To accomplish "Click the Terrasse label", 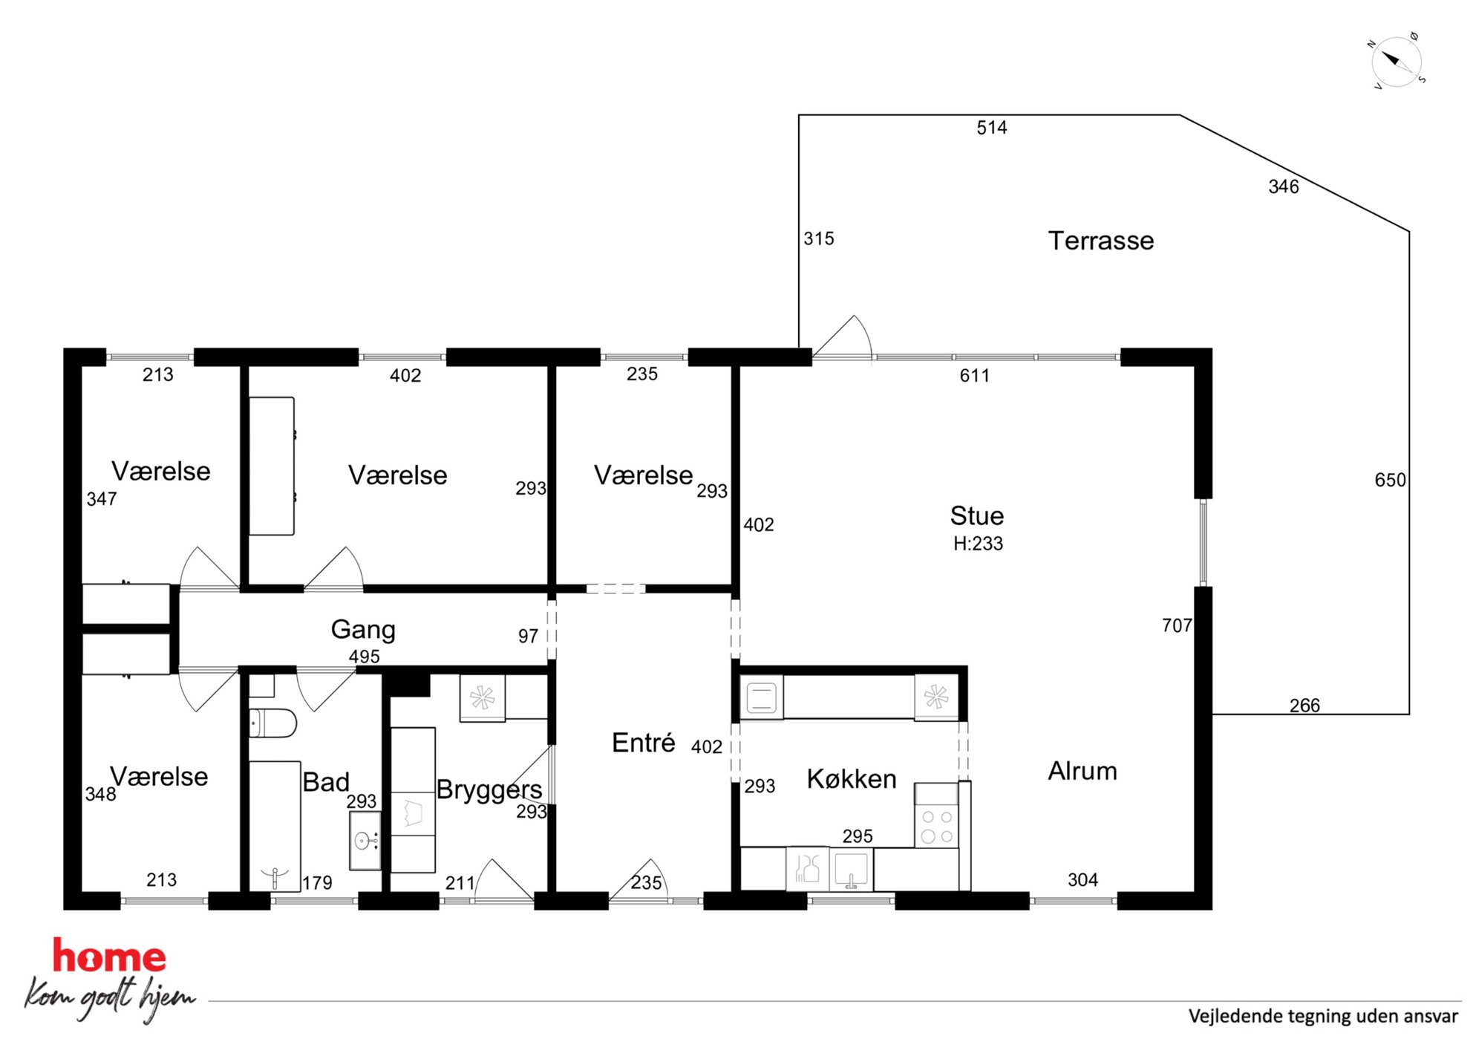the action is pyautogui.click(x=1100, y=241).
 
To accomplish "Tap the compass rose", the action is pyautogui.click(x=1397, y=61).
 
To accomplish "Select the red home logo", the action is pyautogui.click(x=108, y=957).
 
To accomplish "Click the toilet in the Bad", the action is pyautogui.click(x=272, y=723).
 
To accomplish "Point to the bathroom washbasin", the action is pyautogui.click(x=365, y=841).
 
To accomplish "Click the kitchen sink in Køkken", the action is pyautogui.click(x=851, y=869).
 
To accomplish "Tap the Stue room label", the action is pyautogui.click(x=976, y=516).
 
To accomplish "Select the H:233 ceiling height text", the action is pyautogui.click(x=978, y=544).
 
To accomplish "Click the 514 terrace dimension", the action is pyautogui.click(x=991, y=128).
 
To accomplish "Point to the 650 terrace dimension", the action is pyautogui.click(x=1390, y=480).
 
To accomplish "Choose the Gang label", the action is pyautogui.click(x=363, y=630).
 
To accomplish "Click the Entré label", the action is pyautogui.click(x=643, y=743).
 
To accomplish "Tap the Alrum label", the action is pyautogui.click(x=1082, y=771).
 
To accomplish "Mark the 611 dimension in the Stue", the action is pyautogui.click(x=974, y=376).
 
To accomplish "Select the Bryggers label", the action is pyautogui.click(x=489, y=789).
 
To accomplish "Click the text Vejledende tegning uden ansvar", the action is pyautogui.click(x=1323, y=1016).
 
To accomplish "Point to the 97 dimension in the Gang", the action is pyautogui.click(x=528, y=636).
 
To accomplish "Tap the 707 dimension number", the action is pyautogui.click(x=1177, y=626).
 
